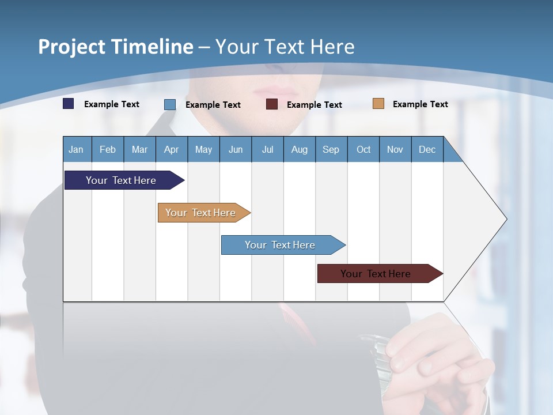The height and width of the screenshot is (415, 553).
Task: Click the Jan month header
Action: pos(77,149)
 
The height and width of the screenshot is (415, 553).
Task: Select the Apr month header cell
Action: pos(171,149)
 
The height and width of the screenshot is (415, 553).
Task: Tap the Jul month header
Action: pos(267,149)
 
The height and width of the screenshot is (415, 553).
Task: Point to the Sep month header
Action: pos(331,149)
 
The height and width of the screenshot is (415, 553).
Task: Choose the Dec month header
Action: pos(427,149)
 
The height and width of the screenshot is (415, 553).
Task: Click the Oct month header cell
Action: pos(363,149)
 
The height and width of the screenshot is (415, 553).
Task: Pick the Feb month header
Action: pos(108,149)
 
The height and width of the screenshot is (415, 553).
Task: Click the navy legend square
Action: pos(69,104)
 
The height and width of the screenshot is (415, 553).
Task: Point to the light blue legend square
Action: pos(170,104)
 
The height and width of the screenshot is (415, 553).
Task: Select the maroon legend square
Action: pos(272,104)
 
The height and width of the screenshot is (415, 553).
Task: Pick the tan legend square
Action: pos(378,104)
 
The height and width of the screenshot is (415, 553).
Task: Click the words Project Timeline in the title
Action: pos(116,47)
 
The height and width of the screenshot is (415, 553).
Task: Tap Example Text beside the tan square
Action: pos(420,104)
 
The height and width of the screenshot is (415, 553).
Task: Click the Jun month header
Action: pos(235,149)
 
